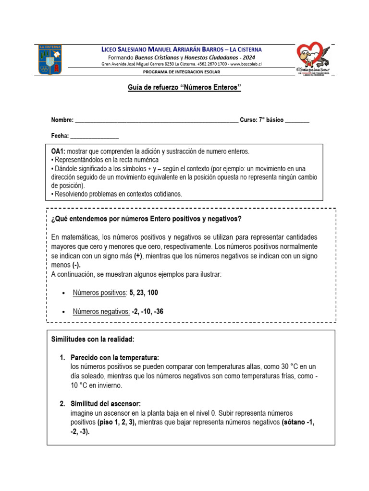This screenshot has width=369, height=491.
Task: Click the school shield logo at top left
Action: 50,60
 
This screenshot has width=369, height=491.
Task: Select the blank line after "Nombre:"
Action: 157,120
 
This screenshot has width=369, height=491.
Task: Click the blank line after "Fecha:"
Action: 95,136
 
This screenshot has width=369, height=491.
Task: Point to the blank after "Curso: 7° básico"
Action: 297,120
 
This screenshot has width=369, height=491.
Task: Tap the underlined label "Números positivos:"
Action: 99,292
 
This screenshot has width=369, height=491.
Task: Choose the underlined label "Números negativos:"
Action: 101,312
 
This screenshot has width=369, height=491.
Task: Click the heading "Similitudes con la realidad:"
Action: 93,339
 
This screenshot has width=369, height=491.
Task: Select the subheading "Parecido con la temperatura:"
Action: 114,358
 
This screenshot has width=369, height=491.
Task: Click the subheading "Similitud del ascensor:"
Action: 106,404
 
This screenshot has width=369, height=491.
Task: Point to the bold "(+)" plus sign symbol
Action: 138,256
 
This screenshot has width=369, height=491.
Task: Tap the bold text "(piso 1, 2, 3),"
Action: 117,422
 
